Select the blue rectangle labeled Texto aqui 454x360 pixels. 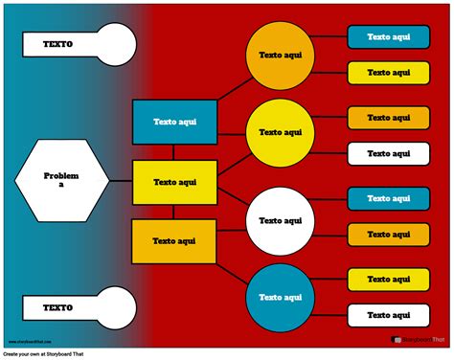click(174, 123)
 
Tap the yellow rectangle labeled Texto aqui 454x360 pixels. click(174, 182)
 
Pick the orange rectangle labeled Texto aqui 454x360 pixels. click(173, 241)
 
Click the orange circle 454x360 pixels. click(281, 56)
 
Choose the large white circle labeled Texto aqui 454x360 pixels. click(281, 221)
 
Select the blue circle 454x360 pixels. click(281, 297)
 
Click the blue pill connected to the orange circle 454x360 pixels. click(388, 37)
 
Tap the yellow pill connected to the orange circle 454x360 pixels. click(388, 73)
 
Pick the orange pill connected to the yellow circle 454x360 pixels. click(388, 118)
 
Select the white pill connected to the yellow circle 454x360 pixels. click(388, 153)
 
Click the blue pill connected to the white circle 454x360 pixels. click(388, 197)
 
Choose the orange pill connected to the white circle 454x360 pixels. click(388, 234)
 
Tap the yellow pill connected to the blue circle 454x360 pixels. click(388, 279)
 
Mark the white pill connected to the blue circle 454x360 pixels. click(388, 314)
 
